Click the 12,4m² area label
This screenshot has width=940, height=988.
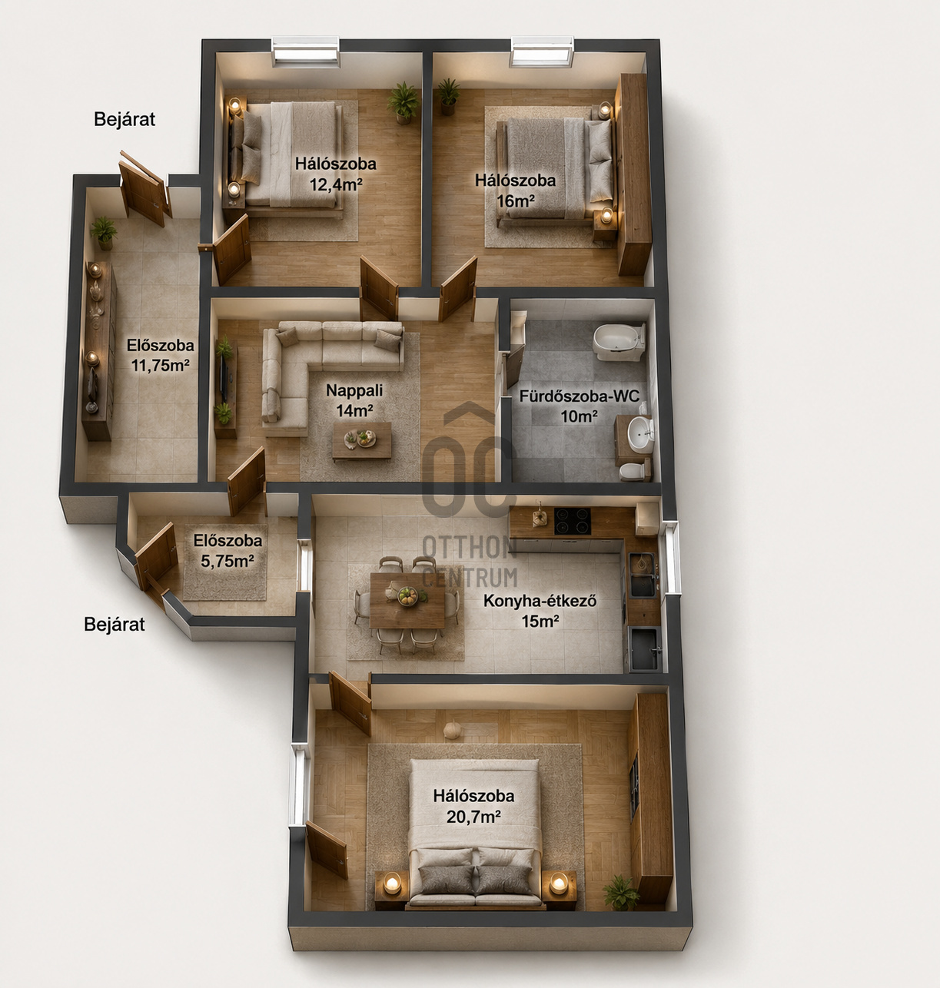pyautogui.click(x=335, y=184)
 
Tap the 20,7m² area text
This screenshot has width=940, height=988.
pyautogui.click(x=473, y=817)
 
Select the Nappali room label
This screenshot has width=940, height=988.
pyautogui.click(x=354, y=390)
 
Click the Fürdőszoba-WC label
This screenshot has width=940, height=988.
pyautogui.click(x=580, y=396)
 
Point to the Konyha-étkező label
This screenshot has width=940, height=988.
pyautogui.click(x=540, y=601)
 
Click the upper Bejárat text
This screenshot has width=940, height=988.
pyautogui.click(x=125, y=120)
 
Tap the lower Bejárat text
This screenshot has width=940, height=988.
pyautogui.click(x=115, y=624)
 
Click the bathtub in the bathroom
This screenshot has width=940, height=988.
pyautogui.click(x=619, y=342)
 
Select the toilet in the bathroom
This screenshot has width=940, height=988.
pyautogui.click(x=633, y=472)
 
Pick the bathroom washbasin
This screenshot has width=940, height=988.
pyautogui.click(x=639, y=433)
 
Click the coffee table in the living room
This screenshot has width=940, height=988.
pyautogui.click(x=361, y=441)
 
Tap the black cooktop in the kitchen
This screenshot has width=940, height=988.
pyautogui.click(x=573, y=521)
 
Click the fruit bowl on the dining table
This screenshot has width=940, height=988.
pyautogui.click(x=407, y=596)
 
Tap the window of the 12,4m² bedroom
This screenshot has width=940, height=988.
pyautogui.click(x=305, y=51)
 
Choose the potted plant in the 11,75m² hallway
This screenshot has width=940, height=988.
pyautogui.click(x=104, y=233)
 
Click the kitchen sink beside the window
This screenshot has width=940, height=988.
pyautogui.click(x=643, y=575)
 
